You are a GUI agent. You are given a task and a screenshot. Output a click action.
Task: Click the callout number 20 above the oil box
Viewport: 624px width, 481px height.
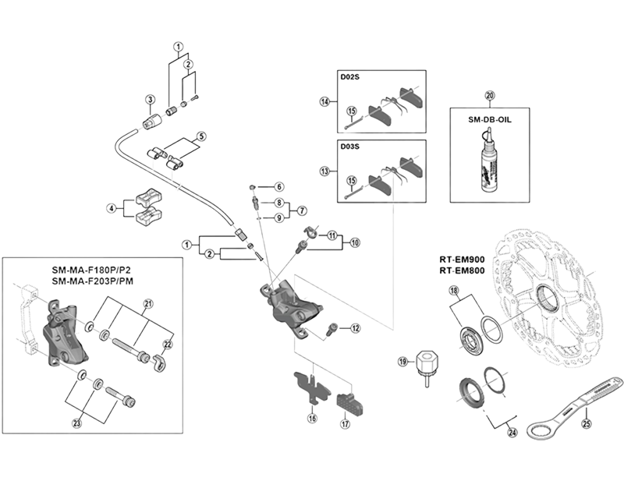point(490,96)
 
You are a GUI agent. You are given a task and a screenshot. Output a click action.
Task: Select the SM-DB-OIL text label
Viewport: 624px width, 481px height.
point(490,120)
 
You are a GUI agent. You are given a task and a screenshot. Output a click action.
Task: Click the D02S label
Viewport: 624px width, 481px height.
point(349,76)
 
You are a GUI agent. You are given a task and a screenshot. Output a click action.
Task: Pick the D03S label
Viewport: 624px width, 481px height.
point(349,147)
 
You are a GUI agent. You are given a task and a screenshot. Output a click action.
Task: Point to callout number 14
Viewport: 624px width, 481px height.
point(325,102)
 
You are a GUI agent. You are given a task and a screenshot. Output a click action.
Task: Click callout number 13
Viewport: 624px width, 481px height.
point(325,172)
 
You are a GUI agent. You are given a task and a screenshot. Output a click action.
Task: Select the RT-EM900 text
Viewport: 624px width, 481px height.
point(462,260)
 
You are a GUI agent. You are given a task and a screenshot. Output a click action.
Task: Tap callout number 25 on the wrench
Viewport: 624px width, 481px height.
point(587,423)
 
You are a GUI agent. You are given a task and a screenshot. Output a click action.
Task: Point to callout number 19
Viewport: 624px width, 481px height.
point(403,362)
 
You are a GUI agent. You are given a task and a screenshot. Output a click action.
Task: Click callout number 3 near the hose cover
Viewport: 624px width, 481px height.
point(150,99)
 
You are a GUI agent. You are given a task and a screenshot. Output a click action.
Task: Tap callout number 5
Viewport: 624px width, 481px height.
point(202,136)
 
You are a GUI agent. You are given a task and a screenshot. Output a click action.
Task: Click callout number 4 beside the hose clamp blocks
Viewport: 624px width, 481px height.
point(112,208)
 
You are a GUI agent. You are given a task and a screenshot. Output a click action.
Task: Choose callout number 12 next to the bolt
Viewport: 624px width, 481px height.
point(355,328)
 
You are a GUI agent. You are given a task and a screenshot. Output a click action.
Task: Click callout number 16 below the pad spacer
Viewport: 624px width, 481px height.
point(313,418)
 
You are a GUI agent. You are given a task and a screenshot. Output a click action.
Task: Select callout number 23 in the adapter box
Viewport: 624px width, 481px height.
point(76,423)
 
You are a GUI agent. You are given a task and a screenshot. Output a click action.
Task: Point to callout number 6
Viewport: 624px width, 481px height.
point(279,186)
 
